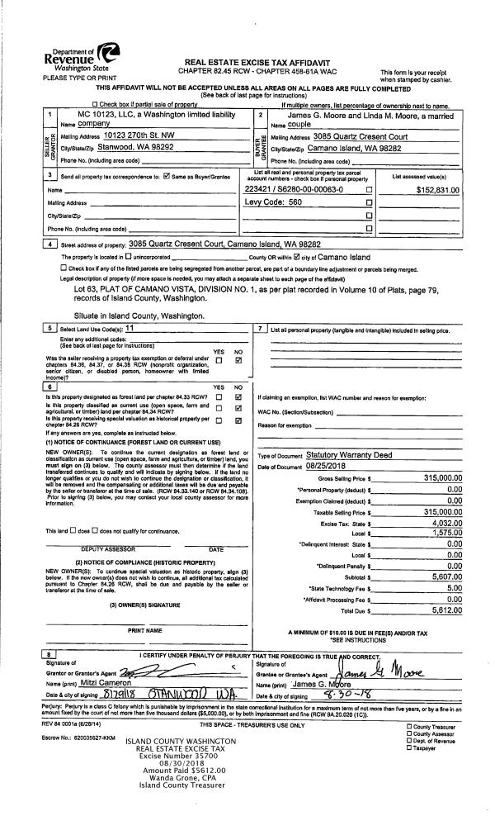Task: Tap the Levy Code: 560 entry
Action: coord(275,202)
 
